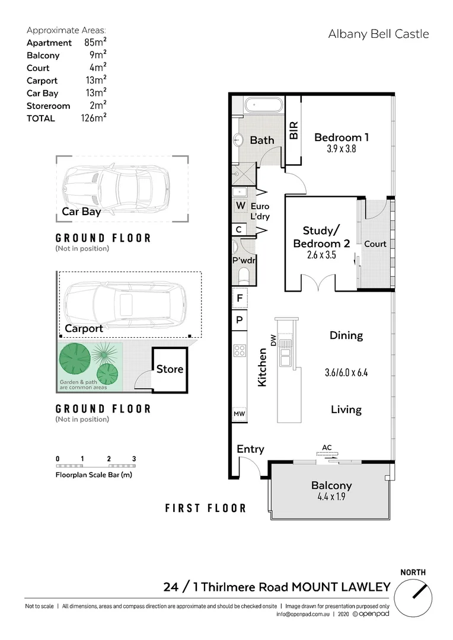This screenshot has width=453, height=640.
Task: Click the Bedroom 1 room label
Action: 342,137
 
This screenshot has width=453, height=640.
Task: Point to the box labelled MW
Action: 239,413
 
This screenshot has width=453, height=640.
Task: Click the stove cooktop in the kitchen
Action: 240,350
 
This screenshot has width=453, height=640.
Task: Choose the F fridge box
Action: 239,299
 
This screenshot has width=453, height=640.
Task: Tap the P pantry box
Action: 239,319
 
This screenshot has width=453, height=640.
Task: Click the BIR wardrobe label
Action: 294,130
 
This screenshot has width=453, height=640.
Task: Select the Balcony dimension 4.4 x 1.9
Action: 331,497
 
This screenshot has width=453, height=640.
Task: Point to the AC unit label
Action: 326,447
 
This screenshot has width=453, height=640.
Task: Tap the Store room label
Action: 170,369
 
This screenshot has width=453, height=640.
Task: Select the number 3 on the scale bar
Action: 134,459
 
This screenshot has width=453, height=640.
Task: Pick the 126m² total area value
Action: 94,118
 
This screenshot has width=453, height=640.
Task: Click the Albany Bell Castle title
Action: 378,34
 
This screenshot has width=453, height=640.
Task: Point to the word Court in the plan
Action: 375,244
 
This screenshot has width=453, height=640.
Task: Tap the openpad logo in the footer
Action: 371,615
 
